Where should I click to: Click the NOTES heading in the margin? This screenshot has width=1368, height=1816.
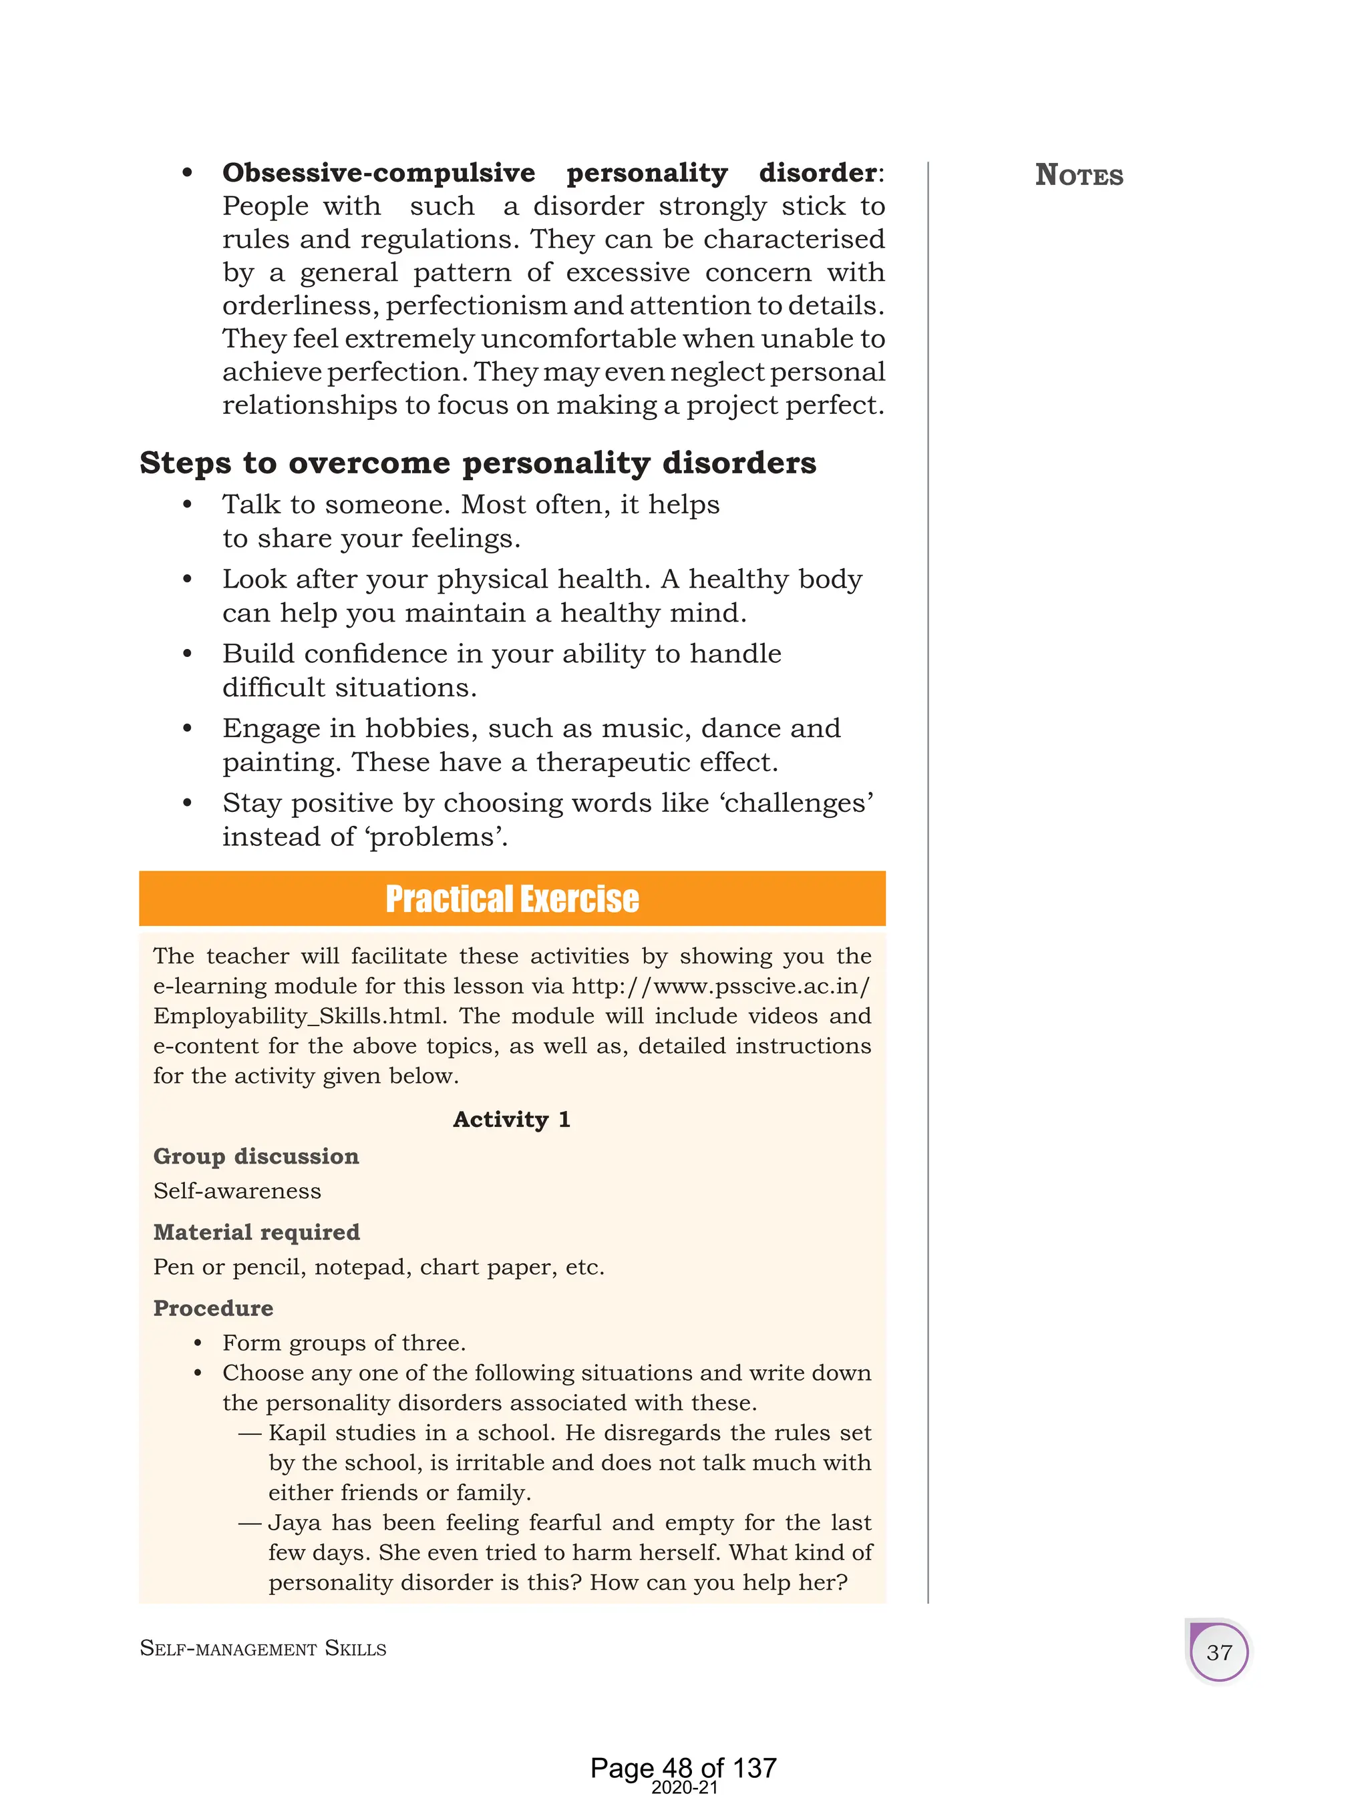tap(1078, 176)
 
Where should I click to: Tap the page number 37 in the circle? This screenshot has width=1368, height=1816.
tap(1218, 1652)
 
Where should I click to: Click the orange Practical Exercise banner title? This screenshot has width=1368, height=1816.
tap(512, 899)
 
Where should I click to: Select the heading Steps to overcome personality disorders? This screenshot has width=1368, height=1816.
tap(477, 463)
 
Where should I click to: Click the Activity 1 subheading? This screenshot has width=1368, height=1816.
tap(512, 1120)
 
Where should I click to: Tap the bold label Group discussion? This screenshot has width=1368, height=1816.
tap(255, 1156)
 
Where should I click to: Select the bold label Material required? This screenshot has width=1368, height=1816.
tap(256, 1232)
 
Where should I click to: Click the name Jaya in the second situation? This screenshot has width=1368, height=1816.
tap(295, 1523)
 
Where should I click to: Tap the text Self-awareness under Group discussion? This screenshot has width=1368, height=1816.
tap(236, 1191)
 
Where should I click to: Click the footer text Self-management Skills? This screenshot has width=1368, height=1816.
tap(263, 1648)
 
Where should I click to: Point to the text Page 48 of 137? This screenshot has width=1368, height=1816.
tap(683, 1767)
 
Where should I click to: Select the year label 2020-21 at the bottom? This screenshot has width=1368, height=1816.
tap(683, 1788)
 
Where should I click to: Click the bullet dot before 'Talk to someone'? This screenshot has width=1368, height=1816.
tap(187, 504)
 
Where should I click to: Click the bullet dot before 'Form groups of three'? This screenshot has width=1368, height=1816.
tap(198, 1343)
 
